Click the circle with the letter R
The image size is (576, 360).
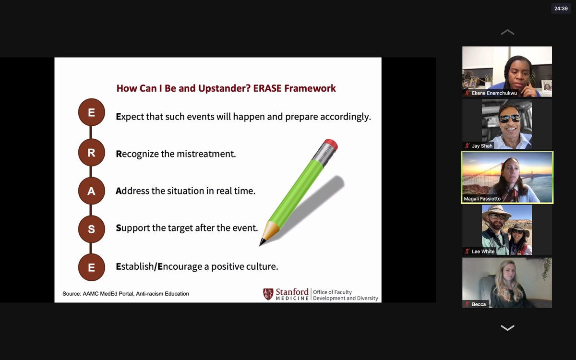tap(92, 153)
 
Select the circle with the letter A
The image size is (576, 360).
tap(92, 191)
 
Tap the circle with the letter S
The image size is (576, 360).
tap(92, 229)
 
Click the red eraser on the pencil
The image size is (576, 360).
tap(331, 144)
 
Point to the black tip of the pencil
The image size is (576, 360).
tap(262, 242)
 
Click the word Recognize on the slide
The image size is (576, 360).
tap(138, 154)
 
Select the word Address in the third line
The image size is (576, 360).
tap(132, 191)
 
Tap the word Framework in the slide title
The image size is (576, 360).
tap(310, 88)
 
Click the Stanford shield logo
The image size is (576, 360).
tap(268, 294)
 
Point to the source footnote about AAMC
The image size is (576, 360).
tap(125, 294)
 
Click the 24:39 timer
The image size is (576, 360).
tap(561, 9)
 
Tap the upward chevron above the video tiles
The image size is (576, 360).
tap(507, 32)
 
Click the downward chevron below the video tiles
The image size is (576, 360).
tap(507, 327)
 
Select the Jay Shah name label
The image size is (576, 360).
tap(482, 146)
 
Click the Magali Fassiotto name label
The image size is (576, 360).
tap(482, 199)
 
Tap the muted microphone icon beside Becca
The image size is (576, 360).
tap(467, 304)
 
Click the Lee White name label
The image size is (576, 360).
tap(483, 252)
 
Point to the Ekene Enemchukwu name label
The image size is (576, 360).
tap(494, 93)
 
